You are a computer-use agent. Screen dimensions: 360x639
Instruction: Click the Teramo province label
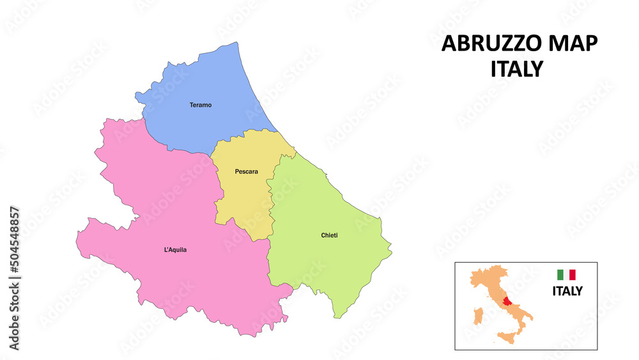point(200,105)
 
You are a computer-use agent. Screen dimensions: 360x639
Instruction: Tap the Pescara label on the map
point(246,171)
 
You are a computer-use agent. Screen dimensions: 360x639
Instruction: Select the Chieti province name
point(329,235)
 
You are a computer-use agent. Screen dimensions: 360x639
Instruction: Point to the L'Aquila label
point(176,250)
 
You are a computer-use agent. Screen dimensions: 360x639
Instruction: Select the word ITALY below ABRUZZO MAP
point(516,68)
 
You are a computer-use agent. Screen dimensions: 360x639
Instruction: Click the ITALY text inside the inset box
point(567,292)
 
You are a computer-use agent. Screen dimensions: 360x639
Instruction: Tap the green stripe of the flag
point(560,274)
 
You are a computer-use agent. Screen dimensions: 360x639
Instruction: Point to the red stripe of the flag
point(573,274)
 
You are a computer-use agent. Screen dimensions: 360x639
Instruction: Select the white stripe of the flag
point(566,274)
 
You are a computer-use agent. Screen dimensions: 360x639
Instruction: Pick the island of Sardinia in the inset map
point(476,316)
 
